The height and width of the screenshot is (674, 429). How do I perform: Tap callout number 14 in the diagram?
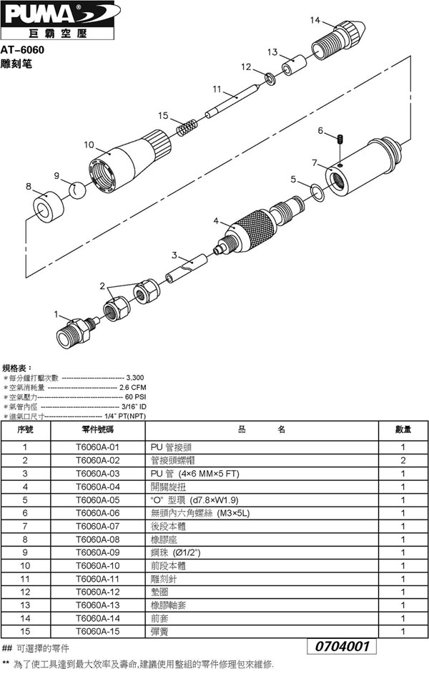pos(315,21)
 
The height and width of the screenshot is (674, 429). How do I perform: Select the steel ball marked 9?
pos(78,190)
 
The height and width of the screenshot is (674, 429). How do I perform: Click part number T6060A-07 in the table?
pos(98,526)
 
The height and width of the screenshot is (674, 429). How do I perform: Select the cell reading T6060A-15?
pos(98,631)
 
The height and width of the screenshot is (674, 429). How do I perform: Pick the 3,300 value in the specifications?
pos(135,376)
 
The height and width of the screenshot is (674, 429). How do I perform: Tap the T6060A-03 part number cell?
pos(98,474)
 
